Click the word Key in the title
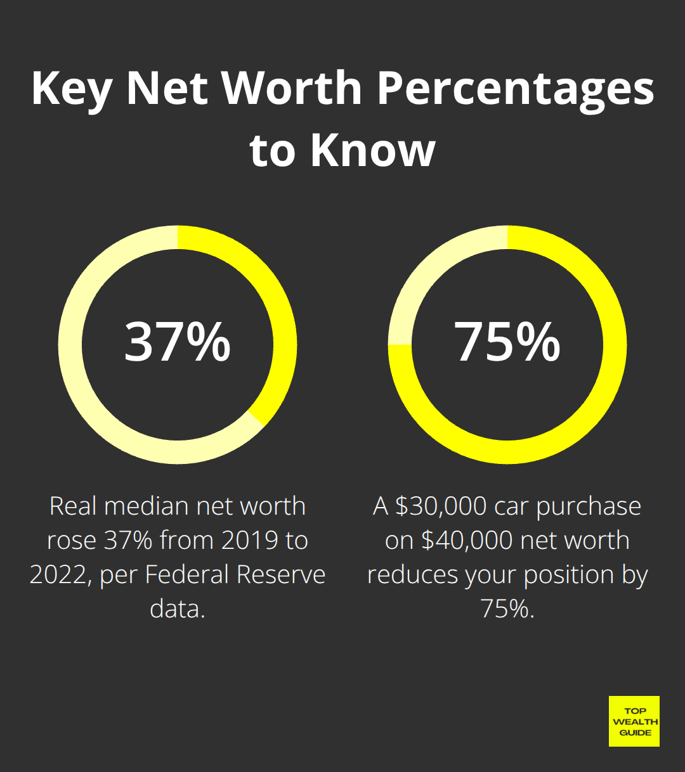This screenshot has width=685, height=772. [x=72, y=89]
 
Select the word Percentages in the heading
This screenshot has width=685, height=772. [x=516, y=89]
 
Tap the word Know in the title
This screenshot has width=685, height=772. [x=373, y=150]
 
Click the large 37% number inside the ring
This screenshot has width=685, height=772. [x=178, y=342]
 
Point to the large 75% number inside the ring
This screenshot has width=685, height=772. [x=507, y=342]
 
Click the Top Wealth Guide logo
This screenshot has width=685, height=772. [x=634, y=721]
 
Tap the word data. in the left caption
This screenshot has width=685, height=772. [x=178, y=609]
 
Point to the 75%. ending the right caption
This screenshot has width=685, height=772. [x=507, y=609]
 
